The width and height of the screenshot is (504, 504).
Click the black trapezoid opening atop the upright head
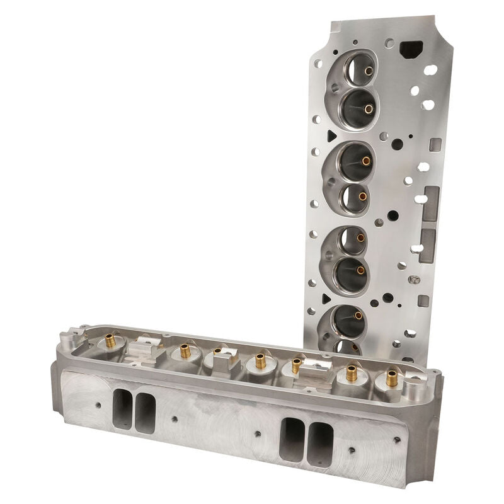(413, 49)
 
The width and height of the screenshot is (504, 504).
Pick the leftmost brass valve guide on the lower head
(111, 341)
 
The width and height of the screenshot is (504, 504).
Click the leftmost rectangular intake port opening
(122, 408)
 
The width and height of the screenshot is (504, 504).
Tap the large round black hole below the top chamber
(396, 143)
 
